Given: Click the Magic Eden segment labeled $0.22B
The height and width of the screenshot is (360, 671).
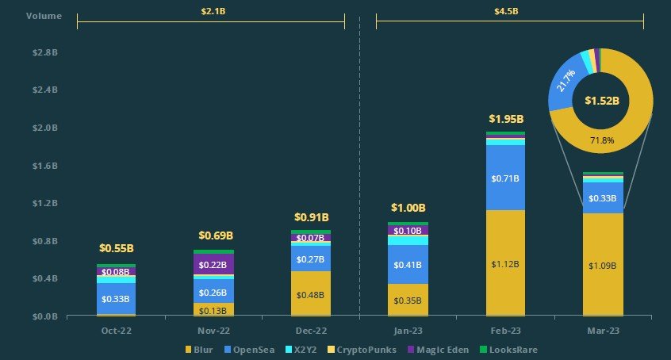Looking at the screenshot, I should pos(213,265).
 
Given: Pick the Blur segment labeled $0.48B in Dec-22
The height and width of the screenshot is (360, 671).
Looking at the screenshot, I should pos(310,294).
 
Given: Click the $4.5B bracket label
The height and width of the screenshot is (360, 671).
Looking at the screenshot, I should pos(508,11).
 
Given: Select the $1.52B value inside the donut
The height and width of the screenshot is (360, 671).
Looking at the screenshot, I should pos(601,101).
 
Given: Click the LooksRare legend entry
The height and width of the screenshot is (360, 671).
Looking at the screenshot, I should pos(515,349).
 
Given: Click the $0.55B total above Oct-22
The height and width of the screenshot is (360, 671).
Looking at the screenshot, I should pos(117,248).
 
